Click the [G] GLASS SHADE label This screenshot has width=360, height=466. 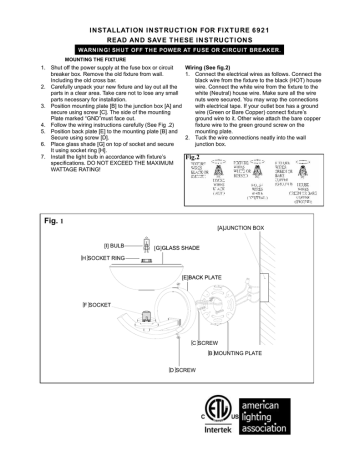click(x=176, y=245)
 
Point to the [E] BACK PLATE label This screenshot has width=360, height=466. click(x=204, y=275)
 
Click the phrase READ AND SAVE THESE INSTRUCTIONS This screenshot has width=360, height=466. click(x=180, y=31)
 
